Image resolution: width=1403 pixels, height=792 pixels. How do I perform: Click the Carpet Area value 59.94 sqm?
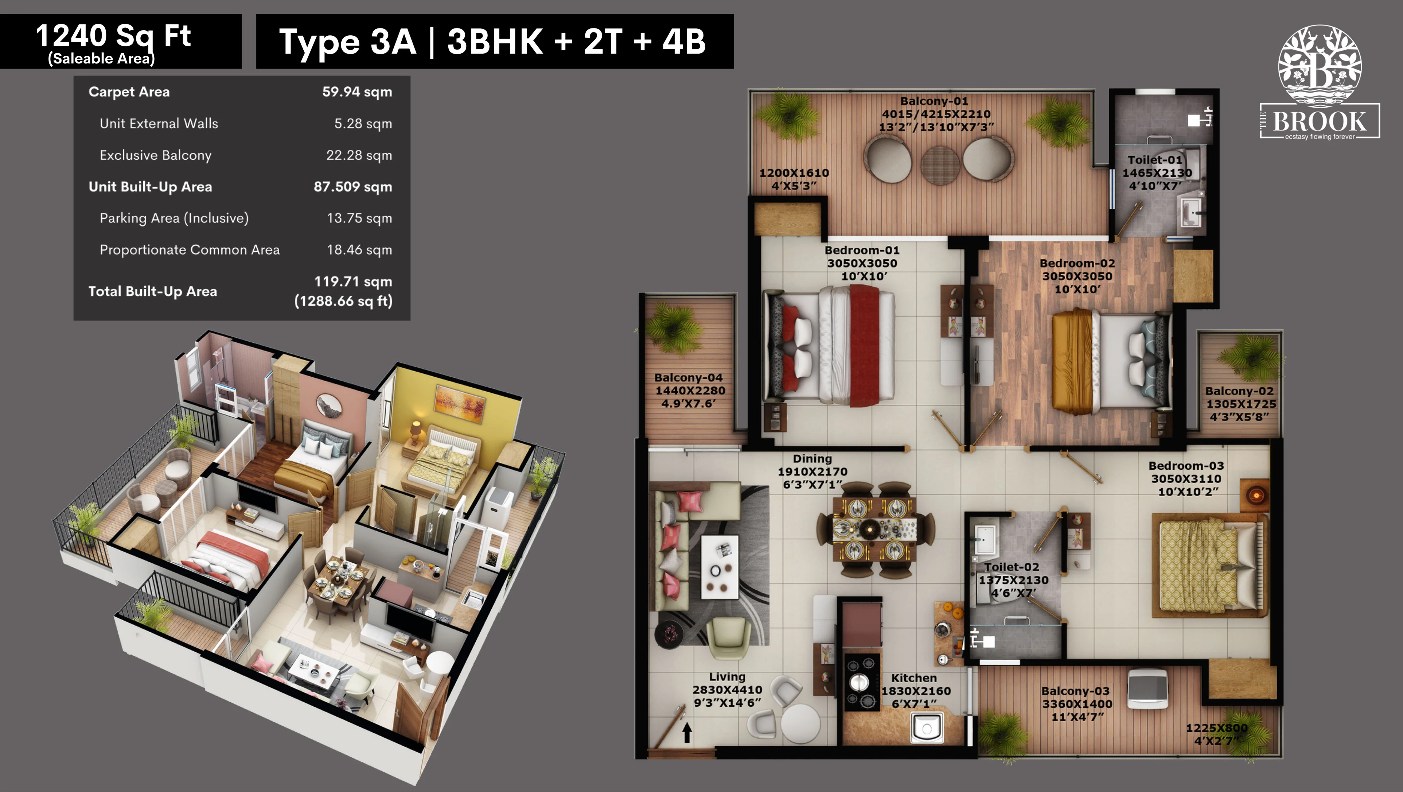[357, 92]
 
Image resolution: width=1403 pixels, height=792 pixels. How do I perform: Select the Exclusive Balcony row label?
[155, 156]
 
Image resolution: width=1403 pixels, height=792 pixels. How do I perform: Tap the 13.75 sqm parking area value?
[359, 218]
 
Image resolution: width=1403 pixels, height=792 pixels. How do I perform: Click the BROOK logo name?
[1319, 121]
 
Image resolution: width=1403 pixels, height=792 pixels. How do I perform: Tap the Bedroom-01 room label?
[862, 250]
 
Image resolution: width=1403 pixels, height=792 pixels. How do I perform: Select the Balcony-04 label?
[689, 377]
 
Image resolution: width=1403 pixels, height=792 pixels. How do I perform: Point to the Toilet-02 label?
[1012, 567]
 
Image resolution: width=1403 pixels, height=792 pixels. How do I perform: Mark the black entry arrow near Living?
[687, 732]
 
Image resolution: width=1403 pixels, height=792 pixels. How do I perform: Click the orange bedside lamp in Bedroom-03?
[1256, 495]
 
